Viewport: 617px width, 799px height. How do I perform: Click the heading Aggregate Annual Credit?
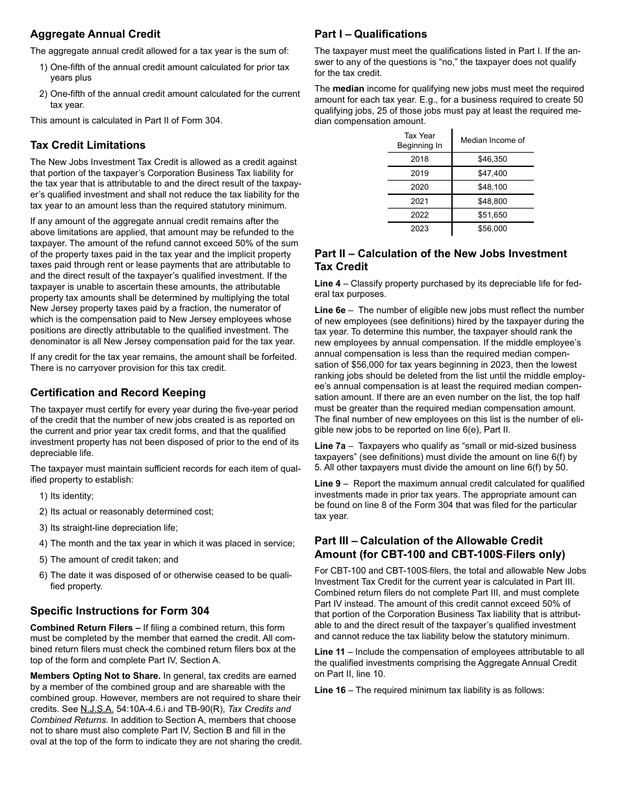tap(95, 34)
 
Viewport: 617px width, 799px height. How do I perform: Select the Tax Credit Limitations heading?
tap(88, 145)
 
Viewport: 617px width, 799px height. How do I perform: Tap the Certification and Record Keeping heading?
tap(118, 392)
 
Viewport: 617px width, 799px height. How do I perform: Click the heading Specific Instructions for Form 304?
tap(120, 611)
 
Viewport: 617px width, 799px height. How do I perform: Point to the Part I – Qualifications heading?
tap(371, 34)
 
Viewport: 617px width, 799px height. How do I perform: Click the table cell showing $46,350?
tap(492, 159)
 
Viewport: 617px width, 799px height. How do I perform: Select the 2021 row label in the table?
tap(420, 201)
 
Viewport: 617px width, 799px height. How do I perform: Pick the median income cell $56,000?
tap(492, 229)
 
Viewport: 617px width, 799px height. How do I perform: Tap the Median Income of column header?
tap(492, 140)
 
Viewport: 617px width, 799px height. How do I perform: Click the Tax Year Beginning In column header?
tap(420, 140)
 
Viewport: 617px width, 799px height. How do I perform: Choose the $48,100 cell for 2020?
tap(492, 187)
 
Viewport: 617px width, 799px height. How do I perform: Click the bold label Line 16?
tap(331, 690)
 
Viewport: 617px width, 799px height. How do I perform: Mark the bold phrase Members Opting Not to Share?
tap(95, 676)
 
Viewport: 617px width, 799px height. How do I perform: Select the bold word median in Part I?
tap(349, 88)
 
